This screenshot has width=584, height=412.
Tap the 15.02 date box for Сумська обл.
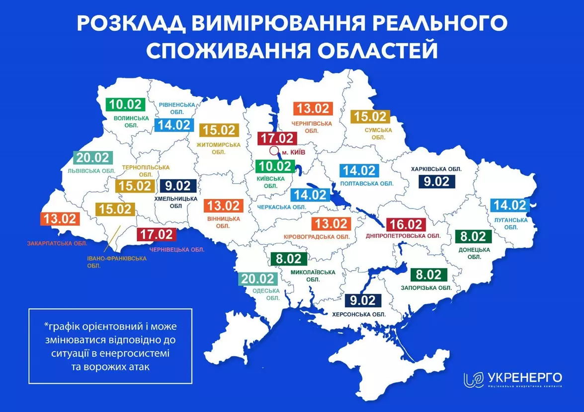pos(371,117)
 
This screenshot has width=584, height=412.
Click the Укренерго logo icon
pos(473,380)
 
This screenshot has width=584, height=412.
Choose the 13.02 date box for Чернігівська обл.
pos(312,108)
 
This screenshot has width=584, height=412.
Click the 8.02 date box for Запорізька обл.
pos(428,275)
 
